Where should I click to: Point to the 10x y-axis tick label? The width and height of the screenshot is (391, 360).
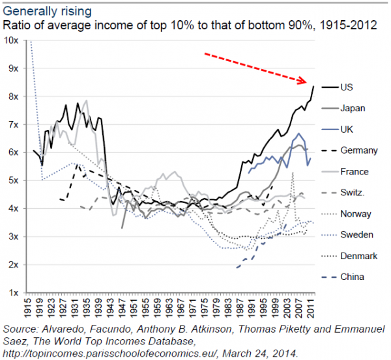coord(11,40)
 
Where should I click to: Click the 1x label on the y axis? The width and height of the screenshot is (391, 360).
coord(14,292)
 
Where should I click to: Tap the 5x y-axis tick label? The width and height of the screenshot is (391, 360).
coord(14,180)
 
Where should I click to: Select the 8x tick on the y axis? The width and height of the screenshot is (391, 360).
coord(14,96)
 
